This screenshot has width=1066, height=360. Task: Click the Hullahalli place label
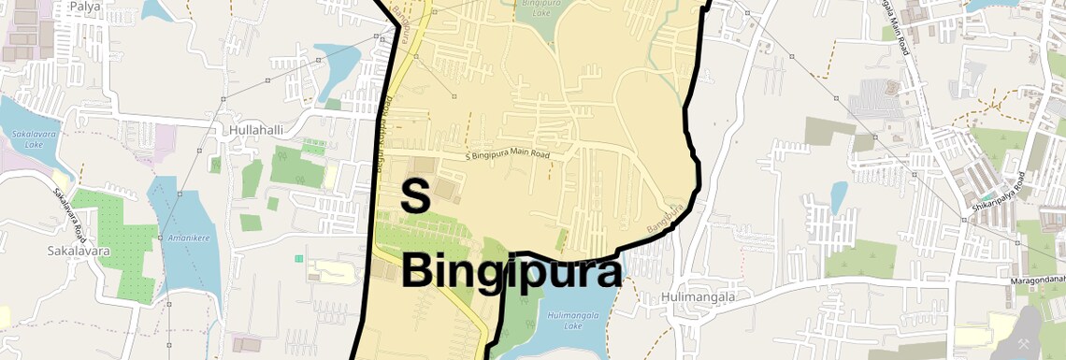[255, 130]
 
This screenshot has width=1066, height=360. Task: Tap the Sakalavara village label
[79, 251]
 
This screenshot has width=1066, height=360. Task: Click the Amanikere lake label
[187, 238]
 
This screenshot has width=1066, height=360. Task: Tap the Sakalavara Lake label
[29, 139]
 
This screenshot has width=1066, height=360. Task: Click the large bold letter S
[414, 196]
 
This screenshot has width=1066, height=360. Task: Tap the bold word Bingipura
[511, 272]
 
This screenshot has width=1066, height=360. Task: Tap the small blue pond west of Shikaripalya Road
[839, 196]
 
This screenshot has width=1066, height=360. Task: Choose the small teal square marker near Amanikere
[299, 257]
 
